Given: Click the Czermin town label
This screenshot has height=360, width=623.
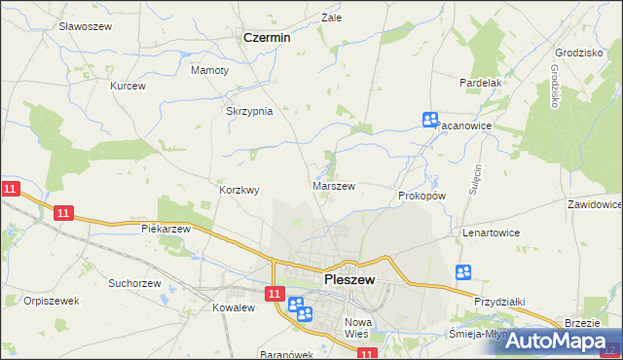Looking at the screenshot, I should point(267,38).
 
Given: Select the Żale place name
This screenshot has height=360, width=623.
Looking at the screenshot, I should point(332,18).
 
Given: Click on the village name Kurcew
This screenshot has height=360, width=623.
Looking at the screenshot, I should point(128,86).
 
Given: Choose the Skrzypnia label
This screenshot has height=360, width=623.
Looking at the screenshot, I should point(249,111).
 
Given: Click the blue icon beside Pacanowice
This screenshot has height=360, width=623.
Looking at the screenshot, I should point(430,120).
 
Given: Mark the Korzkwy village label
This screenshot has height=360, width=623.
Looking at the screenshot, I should point(239,191).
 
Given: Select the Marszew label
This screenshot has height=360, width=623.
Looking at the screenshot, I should point(333,185).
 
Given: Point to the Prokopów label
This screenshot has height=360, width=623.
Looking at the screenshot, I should point(421,196).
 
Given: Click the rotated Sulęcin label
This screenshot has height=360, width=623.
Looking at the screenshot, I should point(478,181).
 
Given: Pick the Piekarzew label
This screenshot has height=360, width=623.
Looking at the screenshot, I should point(165,229).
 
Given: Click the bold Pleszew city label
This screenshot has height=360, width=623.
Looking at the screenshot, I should point(349,280).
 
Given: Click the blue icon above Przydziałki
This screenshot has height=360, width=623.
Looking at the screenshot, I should point(463,273).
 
